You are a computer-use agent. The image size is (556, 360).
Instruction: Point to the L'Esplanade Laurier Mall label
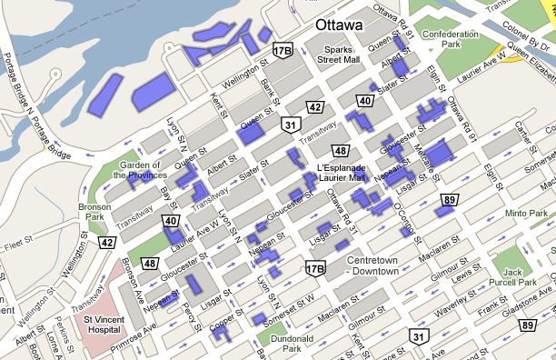(341, 173)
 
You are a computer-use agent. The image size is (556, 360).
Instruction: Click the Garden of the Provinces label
(137, 170)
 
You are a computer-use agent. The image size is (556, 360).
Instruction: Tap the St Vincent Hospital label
(102, 325)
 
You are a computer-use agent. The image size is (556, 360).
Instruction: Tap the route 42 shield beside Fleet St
(107, 243)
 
